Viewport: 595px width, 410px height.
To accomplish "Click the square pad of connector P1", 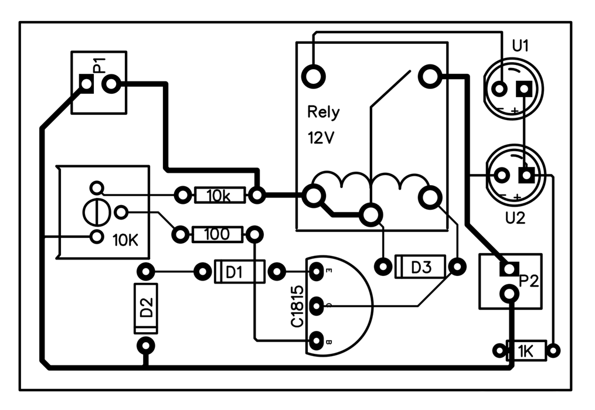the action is pos(86,84).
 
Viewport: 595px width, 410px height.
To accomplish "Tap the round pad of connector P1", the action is pos(111,84).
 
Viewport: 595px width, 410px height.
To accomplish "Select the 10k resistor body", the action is pos(220,195).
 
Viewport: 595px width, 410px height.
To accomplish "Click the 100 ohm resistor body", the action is pos(217,235).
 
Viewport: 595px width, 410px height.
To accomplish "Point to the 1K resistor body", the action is pos(526,351).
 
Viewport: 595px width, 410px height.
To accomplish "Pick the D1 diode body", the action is pos(239,272).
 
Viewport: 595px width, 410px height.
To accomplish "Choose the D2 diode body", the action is pos(146,308).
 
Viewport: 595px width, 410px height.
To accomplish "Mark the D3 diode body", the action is pos(420,266).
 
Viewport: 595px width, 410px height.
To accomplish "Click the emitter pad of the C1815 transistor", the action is pos(317,272).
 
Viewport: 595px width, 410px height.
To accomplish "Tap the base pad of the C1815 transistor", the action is pos(317,341).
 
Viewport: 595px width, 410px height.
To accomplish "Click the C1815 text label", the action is pos(298,306).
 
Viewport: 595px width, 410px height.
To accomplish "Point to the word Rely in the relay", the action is pos(324,112).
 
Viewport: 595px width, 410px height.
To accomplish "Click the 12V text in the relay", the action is pos(321,138).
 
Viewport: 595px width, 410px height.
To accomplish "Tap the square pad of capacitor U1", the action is pos(524,90).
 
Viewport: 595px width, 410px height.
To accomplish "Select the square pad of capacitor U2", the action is pos(526,175).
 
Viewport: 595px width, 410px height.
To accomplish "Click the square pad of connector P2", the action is pos(509,268).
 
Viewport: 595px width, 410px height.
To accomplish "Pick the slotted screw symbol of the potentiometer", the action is pos(97,213).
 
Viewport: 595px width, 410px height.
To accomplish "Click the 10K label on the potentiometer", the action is pos(125,240).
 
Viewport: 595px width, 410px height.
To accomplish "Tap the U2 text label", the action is pos(515,218).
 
